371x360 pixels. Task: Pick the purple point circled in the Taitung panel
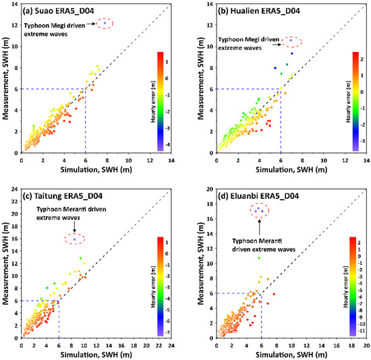(75, 239)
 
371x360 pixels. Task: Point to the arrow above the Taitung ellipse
(74, 227)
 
